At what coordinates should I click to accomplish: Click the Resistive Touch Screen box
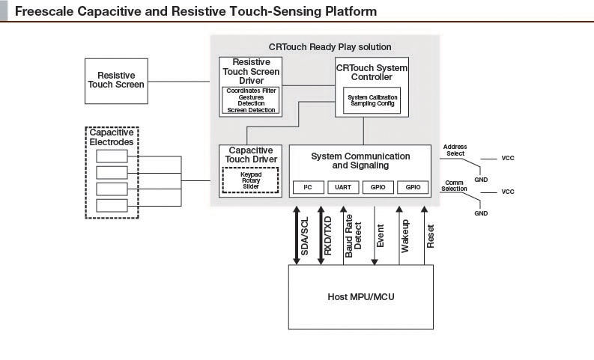(x=121, y=80)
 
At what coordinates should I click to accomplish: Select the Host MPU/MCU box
(x=360, y=297)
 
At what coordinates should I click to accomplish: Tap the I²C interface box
(x=307, y=186)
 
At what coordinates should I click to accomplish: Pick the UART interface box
(x=343, y=186)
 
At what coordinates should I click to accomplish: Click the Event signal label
(x=381, y=236)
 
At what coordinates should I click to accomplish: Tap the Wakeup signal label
(x=405, y=234)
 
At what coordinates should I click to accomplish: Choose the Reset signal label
(x=430, y=237)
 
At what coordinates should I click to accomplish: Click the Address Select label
(x=455, y=150)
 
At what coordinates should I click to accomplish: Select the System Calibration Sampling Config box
(x=372, y=100)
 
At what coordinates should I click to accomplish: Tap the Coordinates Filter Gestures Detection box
(x=251, y=100)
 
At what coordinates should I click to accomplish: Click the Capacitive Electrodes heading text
(x=111, y=137)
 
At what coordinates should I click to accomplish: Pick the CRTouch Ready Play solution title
(x=330, y=46)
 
